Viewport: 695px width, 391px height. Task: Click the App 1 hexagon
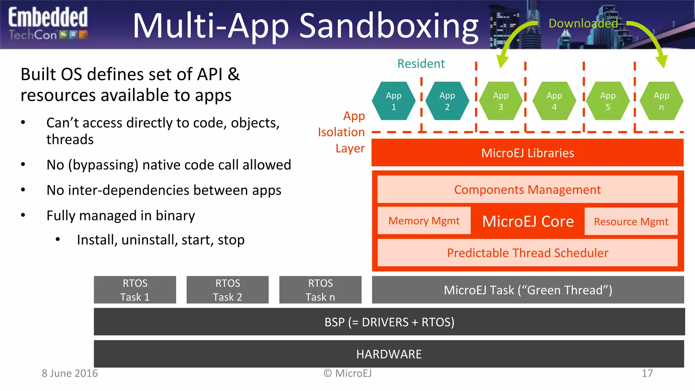(394, 101)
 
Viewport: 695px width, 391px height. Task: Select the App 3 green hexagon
(501, 101)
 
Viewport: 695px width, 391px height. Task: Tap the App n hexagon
(661, 101)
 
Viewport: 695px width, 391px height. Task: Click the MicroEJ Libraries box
(527, 153)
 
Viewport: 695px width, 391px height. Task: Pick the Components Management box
(527, 189)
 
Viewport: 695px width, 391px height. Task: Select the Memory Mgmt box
(424, 221)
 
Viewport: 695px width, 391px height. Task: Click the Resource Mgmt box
(631, 222)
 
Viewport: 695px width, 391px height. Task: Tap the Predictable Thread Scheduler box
(527, 253)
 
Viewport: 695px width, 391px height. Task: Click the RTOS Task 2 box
(227, 290)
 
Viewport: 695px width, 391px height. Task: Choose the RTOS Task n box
(320, 290)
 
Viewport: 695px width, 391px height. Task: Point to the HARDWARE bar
(389, 354)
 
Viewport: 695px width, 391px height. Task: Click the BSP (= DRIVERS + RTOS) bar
(389, 322)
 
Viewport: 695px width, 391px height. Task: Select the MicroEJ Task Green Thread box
(528, 290)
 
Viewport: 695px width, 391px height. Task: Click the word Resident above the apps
(421, 64)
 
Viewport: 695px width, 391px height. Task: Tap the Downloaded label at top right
(583, 23)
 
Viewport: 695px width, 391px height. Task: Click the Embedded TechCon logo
(48, 24)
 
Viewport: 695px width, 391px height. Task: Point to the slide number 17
(647, 373)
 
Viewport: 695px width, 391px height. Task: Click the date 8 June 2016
(70, 373)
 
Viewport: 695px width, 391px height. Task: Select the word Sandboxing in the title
(389, 26)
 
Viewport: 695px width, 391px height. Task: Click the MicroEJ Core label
(528, 222)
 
